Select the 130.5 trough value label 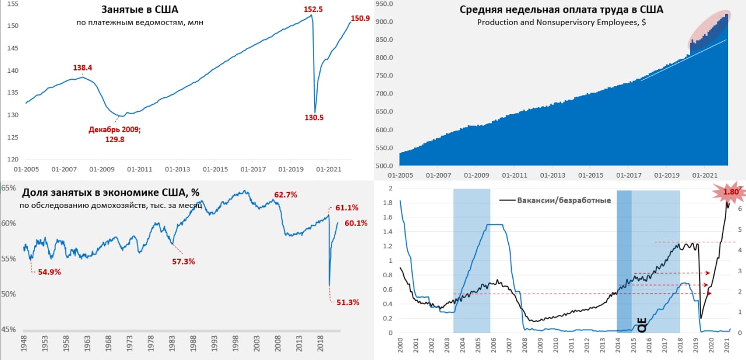(314, 117)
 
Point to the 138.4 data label (82, 68)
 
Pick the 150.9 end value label (360, 18)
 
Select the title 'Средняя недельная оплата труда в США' (561, 10)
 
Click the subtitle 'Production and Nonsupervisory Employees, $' (562, 23)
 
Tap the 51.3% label (347, 302)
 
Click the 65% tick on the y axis (8, 188)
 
